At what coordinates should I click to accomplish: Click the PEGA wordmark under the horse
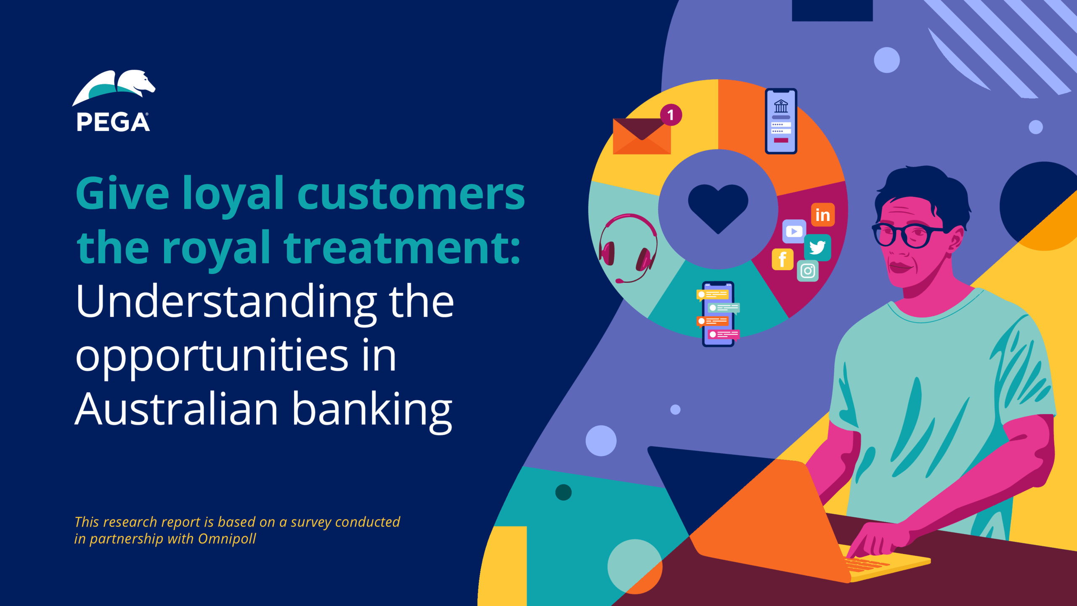tap(113, 122)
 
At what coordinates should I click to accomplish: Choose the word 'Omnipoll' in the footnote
tap(227, 539)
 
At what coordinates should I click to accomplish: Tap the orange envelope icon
tap(642, 136)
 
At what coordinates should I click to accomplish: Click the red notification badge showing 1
tap(671, 115)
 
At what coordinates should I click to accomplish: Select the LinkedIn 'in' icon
tap(822, 215)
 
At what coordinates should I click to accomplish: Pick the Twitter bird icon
tap(817, 247)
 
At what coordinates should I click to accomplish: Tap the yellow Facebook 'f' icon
tap(783, 259)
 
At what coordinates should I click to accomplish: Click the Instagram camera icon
tap(808, 271)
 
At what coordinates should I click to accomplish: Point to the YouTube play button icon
tap(794, 231)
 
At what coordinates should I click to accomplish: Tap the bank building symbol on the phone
tap(781, 106)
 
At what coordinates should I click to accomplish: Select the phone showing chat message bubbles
tap(718, 314)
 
